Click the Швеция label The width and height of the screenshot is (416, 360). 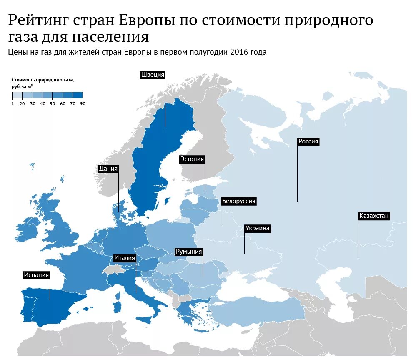point(153,75)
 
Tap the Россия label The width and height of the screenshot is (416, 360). point(308,141)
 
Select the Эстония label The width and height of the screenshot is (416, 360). point(192,159)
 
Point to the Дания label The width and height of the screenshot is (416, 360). point(108,169)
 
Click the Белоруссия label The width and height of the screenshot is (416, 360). point(238,201)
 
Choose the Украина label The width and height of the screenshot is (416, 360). point(258,228)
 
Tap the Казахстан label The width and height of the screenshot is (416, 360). point(374,216)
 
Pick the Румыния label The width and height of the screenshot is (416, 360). point(189,252)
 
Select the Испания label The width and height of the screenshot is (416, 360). point(36,275)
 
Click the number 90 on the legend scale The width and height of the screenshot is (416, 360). point(83,104)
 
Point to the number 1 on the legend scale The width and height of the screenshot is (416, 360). point(13,104)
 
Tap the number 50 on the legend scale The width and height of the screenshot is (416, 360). point(53,104)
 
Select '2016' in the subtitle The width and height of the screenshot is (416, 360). point(238,52)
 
